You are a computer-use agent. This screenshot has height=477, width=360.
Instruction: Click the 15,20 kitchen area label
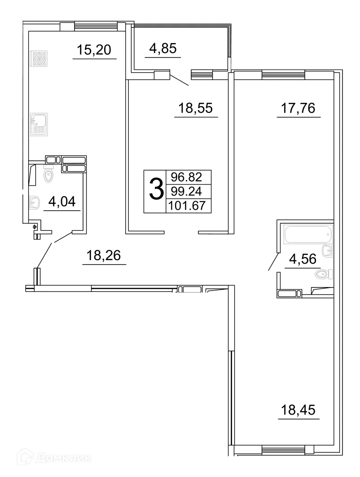click(95, 50)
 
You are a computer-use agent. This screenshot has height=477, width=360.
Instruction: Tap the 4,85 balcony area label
click(162, 49)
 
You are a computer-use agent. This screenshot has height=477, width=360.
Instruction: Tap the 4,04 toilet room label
click(62, 202)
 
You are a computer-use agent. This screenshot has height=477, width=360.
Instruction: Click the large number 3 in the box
click(155, 191)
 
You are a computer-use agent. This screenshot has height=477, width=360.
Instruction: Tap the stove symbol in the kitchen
click(36, 59)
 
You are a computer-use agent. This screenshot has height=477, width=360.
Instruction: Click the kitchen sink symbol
click(36, 124)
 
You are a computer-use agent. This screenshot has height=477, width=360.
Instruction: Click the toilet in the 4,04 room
click(49, 174)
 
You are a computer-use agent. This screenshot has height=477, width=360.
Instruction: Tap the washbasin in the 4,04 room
click(34, 201)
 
